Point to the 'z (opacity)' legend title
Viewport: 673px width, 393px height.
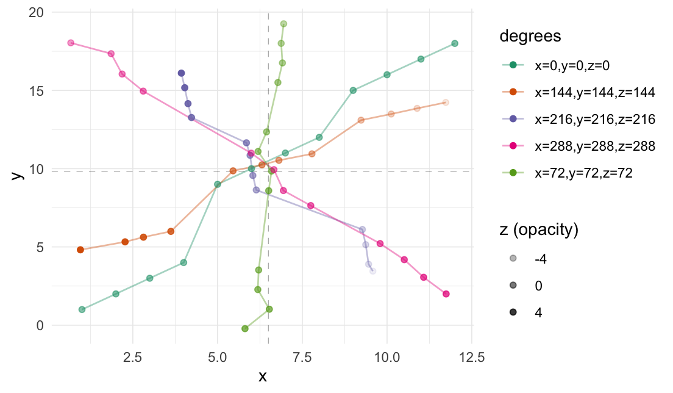(x=539, y=230)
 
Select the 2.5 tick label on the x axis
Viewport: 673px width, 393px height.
(x=133, y=356)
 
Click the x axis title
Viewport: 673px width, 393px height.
(x=263, y=376)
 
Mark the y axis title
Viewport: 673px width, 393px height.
(x=17, y=175)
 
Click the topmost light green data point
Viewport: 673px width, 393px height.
(x=283, y=24)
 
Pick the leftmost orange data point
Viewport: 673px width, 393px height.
(x=80, y=250)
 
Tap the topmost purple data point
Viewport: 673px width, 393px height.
(x=181, y=73)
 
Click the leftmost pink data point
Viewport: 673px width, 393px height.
(x=71, y=43)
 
